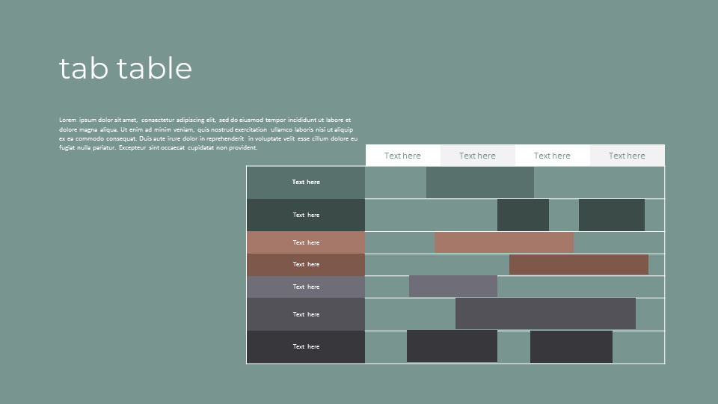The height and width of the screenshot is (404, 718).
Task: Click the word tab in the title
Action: click(x=84, y=69)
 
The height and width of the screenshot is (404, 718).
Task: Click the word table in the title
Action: click(x=155, y=69)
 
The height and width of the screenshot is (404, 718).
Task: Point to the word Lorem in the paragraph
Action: click(x=68, y=120)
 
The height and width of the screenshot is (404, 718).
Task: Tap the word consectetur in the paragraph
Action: click(x=157, y=120)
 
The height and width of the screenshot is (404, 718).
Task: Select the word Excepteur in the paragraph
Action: click(x=132, y=147)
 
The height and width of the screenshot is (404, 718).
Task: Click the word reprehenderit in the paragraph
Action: click(x=225, y=138)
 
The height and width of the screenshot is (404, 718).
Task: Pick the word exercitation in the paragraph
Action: click(x=251, y=129)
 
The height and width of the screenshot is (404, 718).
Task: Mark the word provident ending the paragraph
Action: click(x=242, y=147)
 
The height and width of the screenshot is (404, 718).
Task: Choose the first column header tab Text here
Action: click(x=402, y=156)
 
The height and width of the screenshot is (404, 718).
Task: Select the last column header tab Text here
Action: click(x=627, y=156)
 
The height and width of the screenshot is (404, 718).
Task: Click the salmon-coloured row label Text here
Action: click(x=306, y=242)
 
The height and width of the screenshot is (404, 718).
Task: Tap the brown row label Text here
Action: click(x=306, y=265)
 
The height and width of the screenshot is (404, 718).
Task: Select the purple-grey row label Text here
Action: click(x=306, y=287)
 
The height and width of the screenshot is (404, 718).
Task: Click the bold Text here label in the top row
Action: click(x=306, y=183)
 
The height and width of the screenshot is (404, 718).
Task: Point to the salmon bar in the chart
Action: click(x=503, y=242)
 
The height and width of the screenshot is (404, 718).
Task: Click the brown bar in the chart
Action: click(x=579, y=264)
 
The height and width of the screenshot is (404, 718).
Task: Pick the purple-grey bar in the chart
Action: click(x=453, y=287)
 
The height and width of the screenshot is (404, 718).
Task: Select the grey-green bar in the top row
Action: click(x=480, y=183)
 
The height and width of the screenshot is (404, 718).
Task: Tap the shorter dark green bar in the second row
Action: click(x=523, y=215)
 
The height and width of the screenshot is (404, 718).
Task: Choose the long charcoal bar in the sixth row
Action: click(x=545, y=313)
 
